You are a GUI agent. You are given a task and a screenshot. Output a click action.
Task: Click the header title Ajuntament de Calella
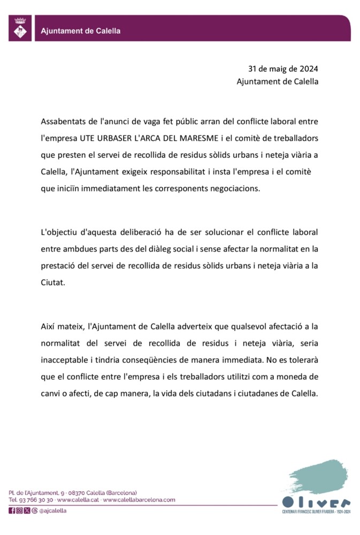(x=81, y=31)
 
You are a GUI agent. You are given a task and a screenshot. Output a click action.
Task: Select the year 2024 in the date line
(x=308, y=69)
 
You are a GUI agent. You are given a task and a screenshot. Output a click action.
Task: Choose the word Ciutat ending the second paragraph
(x=52, y=283)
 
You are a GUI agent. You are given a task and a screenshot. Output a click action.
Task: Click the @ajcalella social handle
(x=53, y=510)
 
